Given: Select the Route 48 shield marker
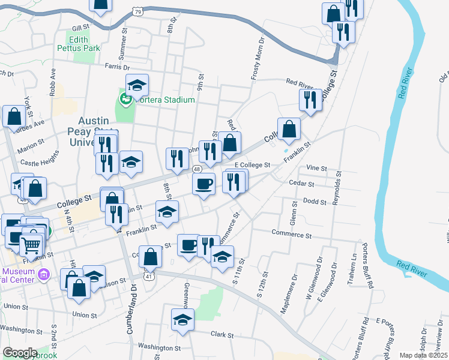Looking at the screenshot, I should tap(197, 170).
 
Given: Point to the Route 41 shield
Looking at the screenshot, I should tap(148, 275).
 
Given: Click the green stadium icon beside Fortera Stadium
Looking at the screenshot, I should tap(125, 99).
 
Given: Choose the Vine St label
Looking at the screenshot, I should tap(316, 169).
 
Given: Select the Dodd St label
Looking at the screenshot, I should tap(315, 202).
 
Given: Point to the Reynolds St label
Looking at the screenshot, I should tap(338, 188).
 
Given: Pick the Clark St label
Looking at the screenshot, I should tap(221, 334).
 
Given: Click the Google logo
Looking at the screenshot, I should tap(20, 353).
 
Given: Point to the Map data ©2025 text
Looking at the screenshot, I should tap(423, 355).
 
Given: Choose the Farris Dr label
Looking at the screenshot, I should tap(117, 67).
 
